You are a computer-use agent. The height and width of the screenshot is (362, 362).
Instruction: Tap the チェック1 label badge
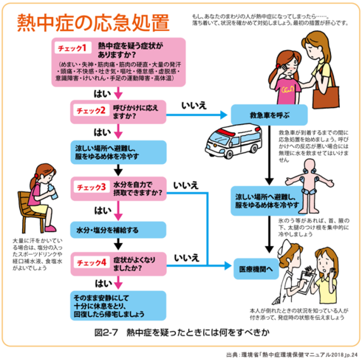pyautogui.click(x=71, y=49)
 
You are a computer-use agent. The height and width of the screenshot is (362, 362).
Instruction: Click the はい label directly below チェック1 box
pyautogui.click(x=104, y=93)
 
